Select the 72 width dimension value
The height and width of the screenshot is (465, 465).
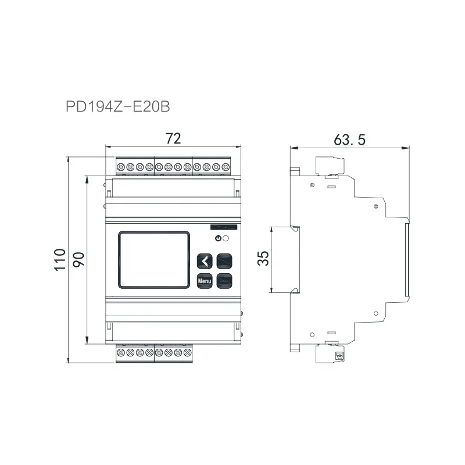(x=173, y=138)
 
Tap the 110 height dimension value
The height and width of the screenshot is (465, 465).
(x=60, y=259)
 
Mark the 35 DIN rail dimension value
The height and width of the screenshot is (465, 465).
(x=263, y=259)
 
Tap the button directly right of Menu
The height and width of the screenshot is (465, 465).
(x=224, y=281)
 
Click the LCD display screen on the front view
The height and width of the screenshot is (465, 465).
(x=155, y=259)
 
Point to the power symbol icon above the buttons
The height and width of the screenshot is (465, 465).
(x=218, y=238)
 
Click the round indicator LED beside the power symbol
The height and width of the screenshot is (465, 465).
(x=226, y=238)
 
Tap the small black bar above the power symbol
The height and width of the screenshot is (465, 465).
(x=223, y=228)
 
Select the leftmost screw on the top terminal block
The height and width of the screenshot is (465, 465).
(x=121, y=167)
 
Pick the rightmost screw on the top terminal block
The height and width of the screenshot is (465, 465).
(x=226, y=167)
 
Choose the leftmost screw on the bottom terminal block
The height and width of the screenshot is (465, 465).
(x=121, y=352)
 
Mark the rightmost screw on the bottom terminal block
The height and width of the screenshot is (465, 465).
(x=187, y=352)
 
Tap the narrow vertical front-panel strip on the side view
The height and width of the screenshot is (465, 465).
(x=406, y=259)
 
